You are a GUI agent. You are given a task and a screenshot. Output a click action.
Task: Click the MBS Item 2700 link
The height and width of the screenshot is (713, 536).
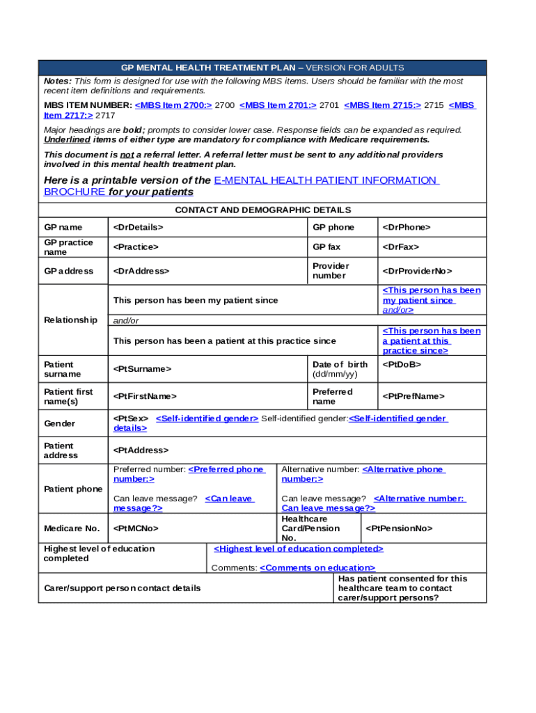(173, 105)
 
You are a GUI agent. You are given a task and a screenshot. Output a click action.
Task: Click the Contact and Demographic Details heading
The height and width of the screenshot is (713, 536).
(262, 210)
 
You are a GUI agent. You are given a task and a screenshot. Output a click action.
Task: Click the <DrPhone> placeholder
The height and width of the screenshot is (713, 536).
(407, 227)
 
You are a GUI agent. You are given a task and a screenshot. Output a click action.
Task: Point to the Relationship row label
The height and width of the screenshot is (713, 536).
(70, 320)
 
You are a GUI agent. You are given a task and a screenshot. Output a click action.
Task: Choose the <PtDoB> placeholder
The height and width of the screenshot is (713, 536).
(402, 364)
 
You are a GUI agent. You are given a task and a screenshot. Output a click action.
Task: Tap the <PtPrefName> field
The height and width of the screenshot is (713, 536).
(413, 396)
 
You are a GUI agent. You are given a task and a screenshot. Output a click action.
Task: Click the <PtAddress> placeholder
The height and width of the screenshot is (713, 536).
(141, 450)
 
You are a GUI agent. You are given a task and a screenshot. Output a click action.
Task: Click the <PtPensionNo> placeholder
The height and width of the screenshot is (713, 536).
(400, 528)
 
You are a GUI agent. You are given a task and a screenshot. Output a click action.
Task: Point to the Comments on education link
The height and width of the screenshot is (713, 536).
(317, 568)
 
